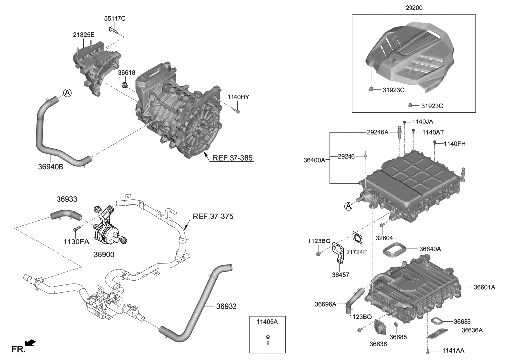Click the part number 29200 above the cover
point(414,8)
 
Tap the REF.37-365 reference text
point(233,158)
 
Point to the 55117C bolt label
point(115,19)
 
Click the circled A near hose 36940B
point(67,92)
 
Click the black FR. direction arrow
point(31,342)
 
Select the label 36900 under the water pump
point(103,254)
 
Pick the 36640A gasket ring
point(395,249)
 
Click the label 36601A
point(484,287)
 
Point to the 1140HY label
point(238,97)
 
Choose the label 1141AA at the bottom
point(453,351)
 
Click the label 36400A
point(314,160)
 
